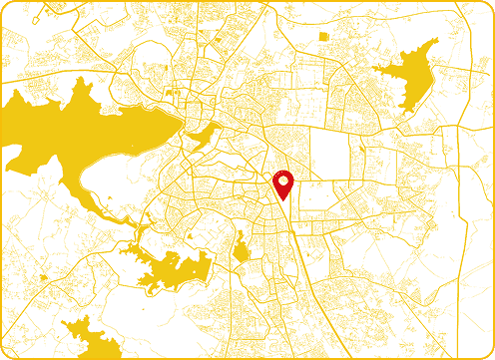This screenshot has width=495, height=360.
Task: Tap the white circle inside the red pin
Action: click(283, 180)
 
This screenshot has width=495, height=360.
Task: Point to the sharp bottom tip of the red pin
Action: click(283, 199)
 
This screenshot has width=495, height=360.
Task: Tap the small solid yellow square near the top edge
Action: click(323, 37)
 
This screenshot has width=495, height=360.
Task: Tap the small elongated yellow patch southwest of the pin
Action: click(241, 249)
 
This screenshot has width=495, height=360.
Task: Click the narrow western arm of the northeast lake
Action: click(381, 69)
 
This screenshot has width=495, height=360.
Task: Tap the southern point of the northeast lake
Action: click(403, 108)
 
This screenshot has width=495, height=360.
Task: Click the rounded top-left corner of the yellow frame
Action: click(5, 5)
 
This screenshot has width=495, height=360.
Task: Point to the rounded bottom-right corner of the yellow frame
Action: click(489, 354)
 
